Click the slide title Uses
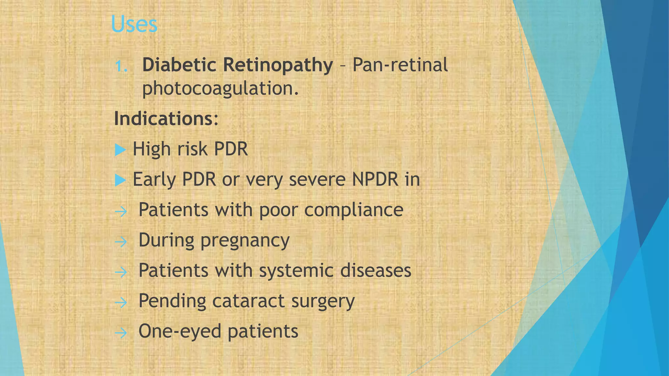tap(134, 24)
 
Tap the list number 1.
tap(121, 66)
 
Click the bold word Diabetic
tap(179, 65)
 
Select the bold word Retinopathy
tap(278, 65)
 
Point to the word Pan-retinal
tap(400, 65)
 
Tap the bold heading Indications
tap(166, 119)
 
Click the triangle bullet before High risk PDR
tap(120, 150)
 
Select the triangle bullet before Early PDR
tap(120, 180)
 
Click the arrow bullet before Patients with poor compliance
tap(121, 211)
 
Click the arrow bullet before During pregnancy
tap(121, 242)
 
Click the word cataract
tap(248, 301)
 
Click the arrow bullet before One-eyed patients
tap(121, 333)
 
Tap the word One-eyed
tap(180, 332)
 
